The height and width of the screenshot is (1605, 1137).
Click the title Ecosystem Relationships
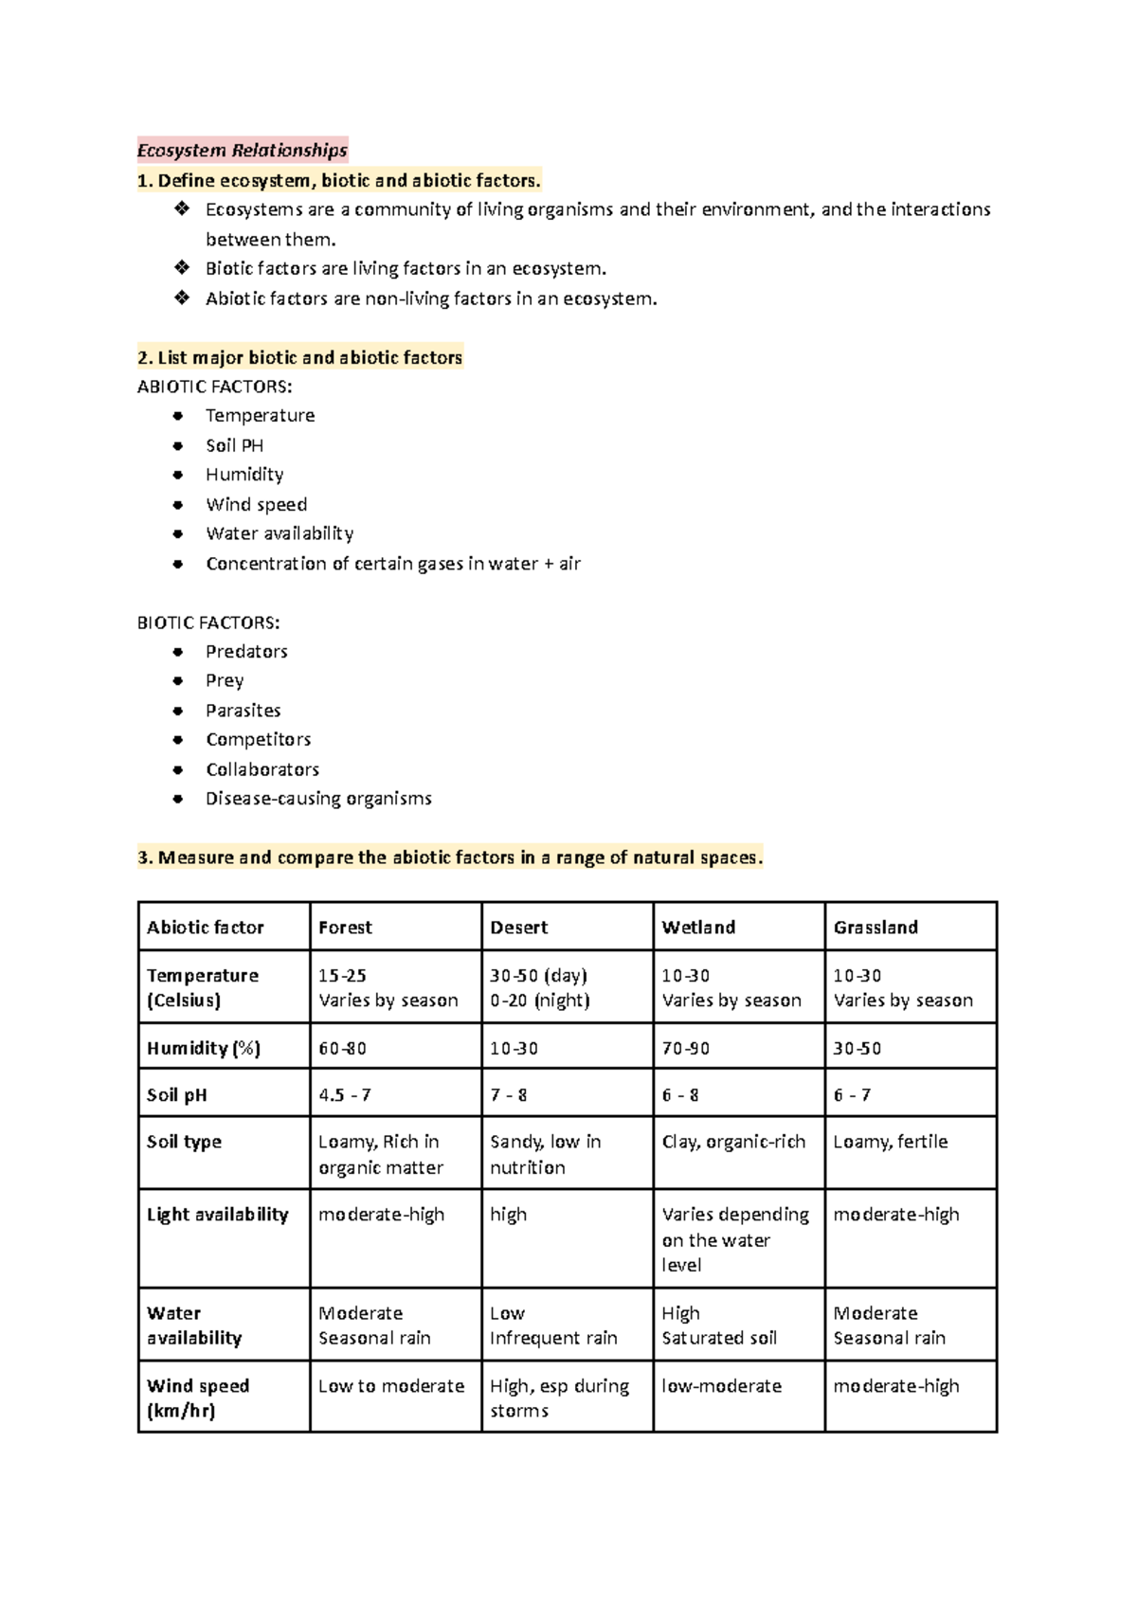(x=243, y=150)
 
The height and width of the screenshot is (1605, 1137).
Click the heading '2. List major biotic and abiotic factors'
(x=299, y=357)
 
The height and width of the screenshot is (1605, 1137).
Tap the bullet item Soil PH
(x=234, y=445)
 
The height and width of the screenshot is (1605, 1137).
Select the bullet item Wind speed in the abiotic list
(x=256, y=504)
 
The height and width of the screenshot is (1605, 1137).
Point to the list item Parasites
(x=243, y=710)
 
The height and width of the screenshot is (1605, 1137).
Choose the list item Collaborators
(x=262, y=769)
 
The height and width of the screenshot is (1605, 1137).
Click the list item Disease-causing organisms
(x=318, y=799)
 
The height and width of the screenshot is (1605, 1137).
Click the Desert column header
(x=518, y=928)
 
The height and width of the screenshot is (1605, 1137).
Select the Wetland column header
(x=698, y=928)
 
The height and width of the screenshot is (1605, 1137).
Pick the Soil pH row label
(x=176, y=1095)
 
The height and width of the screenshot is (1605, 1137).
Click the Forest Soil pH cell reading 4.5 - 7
(x=345, y=1095)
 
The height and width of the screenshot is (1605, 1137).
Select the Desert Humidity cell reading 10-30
(x=514, y=1049)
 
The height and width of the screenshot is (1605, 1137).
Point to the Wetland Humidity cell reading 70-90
(x=686, y=1049)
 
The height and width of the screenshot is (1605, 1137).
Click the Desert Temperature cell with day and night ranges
(x=539, y=987)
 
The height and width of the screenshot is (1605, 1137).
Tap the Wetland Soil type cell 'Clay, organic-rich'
(x=733, y=1142)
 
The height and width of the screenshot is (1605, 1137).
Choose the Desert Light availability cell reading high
(x=509, y=1215)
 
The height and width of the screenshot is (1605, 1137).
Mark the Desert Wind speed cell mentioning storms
(x=559, y=1398)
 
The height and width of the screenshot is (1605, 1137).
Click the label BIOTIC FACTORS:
(x=208, y=622)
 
